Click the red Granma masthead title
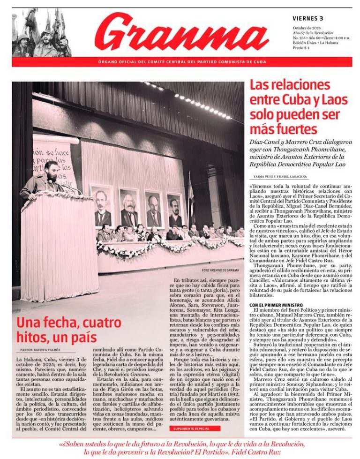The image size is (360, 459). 182,33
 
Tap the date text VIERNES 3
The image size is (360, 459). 308,19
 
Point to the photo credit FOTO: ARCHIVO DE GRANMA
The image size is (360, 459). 221,271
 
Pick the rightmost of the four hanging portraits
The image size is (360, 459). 175,211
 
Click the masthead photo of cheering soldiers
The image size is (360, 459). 42,32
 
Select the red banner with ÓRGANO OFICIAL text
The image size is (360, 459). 182,62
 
